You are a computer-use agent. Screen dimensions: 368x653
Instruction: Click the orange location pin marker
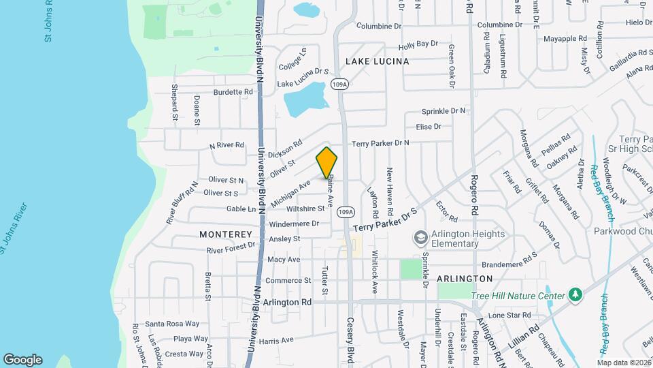[x=326, y=163]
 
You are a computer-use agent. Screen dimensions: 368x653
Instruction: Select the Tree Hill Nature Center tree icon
[x=576, y=295]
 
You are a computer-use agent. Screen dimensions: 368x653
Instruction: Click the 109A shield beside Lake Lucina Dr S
[x=339, y=84]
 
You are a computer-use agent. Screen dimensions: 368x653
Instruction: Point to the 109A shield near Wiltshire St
[x=346, y=211]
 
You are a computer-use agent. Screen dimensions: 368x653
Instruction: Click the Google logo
[x=22, y=359]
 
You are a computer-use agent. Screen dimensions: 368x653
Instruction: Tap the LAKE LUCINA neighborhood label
[x=377, y=61]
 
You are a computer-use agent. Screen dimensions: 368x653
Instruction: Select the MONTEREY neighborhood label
[x=226, y=234]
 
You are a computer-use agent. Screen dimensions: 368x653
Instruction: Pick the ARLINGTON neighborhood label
[x=465, y=279]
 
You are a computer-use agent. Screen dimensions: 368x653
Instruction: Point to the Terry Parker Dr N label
[x=380, y=143]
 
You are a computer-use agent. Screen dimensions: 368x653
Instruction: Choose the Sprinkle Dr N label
[x=443, y=110]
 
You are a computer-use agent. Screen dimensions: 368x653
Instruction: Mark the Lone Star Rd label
[x=509, y=315]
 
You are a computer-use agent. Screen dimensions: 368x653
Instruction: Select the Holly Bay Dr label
[x=418, y=44]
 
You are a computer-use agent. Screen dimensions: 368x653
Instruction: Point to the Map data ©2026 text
[x=624, y=362]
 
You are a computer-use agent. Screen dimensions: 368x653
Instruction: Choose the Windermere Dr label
[x=294, y=224]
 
